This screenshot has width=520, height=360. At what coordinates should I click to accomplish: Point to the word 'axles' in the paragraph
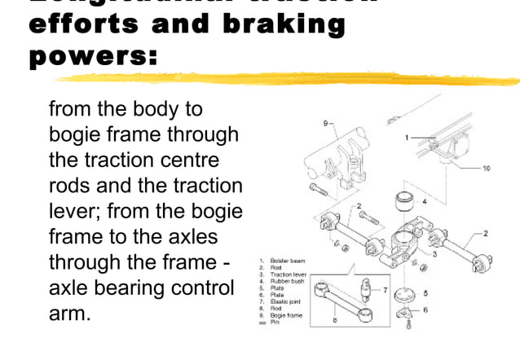[x=212, y=237]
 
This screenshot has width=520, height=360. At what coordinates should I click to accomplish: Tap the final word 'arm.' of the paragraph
[x=69, y=314]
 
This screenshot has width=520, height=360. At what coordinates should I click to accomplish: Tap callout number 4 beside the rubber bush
[x=424, y=200]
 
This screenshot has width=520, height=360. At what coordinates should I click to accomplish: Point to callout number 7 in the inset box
[x=385, y=290]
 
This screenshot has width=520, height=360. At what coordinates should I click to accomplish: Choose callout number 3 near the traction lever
[x=434, y=256]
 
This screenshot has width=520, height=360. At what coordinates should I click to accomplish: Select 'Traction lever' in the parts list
[x=287, y=275]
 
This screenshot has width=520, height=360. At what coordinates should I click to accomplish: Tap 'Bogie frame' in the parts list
[x=285, y=315]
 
